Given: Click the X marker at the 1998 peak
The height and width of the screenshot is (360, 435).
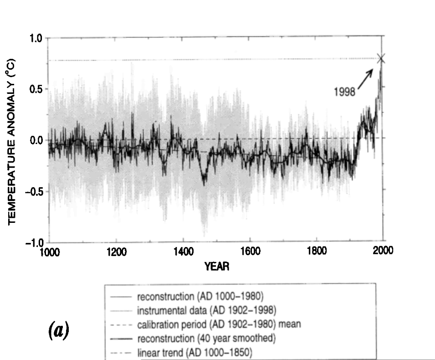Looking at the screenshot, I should (x=381, y=58).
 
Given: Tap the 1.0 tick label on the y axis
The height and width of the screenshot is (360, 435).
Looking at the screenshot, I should (x=36, y=38).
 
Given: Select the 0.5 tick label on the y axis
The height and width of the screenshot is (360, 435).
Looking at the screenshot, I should (x=36, y=89).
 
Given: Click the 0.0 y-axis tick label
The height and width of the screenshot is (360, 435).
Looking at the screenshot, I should (x=36, y=140).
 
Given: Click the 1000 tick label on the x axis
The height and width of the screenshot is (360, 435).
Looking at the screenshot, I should (x=49, y=252).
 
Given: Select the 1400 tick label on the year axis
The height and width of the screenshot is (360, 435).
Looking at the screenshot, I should (x=183, y=252).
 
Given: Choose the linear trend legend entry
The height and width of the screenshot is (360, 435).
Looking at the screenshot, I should (x=194, y=353).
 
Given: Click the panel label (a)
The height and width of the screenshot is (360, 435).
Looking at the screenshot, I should (x=59, y=331).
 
